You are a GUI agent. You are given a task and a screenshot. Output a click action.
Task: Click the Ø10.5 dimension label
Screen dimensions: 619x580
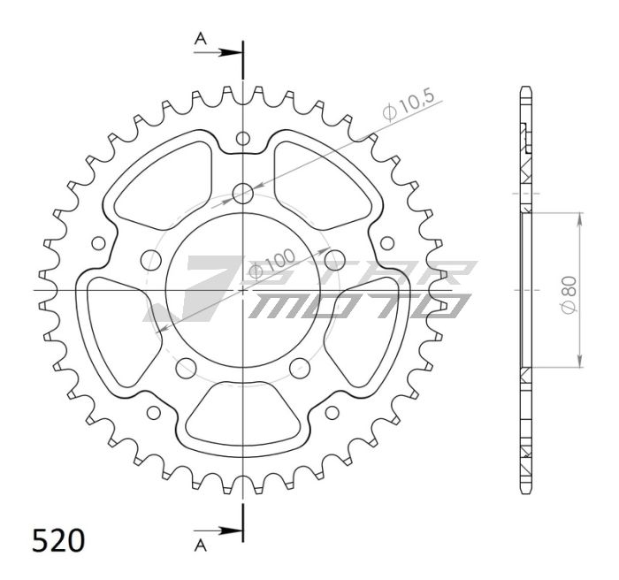click(x=409, y=104)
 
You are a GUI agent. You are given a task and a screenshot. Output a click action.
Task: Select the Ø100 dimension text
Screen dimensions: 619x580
click(x=272, y=263)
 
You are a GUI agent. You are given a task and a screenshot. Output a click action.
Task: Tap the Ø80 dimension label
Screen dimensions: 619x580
click(x=570, y=295)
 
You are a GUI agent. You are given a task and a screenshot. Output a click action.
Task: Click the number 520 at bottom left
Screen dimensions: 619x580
click(x=58, y=540)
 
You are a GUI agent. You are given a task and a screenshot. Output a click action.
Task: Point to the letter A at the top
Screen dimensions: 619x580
click(x=201, y=39)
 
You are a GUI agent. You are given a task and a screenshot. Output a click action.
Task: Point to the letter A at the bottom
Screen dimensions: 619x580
click(x=201, y=546)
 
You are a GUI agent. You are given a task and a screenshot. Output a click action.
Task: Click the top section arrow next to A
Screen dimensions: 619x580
click(x=218, y=52)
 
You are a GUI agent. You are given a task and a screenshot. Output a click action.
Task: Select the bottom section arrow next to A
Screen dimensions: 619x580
click(x=218, y=530)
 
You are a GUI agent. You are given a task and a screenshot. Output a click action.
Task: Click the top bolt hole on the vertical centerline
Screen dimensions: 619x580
click(x=243, y=194)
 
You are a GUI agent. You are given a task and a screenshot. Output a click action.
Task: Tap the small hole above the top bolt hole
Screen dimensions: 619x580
click(x=243, y=138)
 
